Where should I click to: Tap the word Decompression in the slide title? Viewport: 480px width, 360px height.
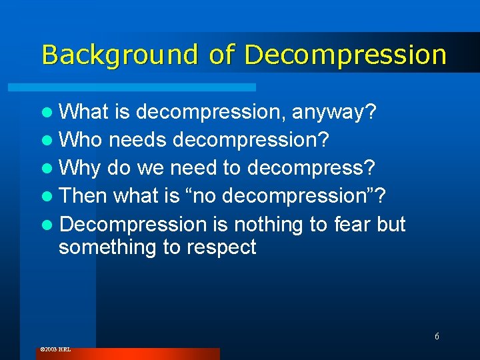(x=345, y=55)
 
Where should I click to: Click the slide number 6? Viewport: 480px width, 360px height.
(x=437, y=336)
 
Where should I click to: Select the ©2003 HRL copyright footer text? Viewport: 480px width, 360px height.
(x=55, y=349)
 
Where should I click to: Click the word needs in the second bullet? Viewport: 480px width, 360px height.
(x=137, y=140)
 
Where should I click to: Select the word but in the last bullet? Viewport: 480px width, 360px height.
(x=391, y=224)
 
